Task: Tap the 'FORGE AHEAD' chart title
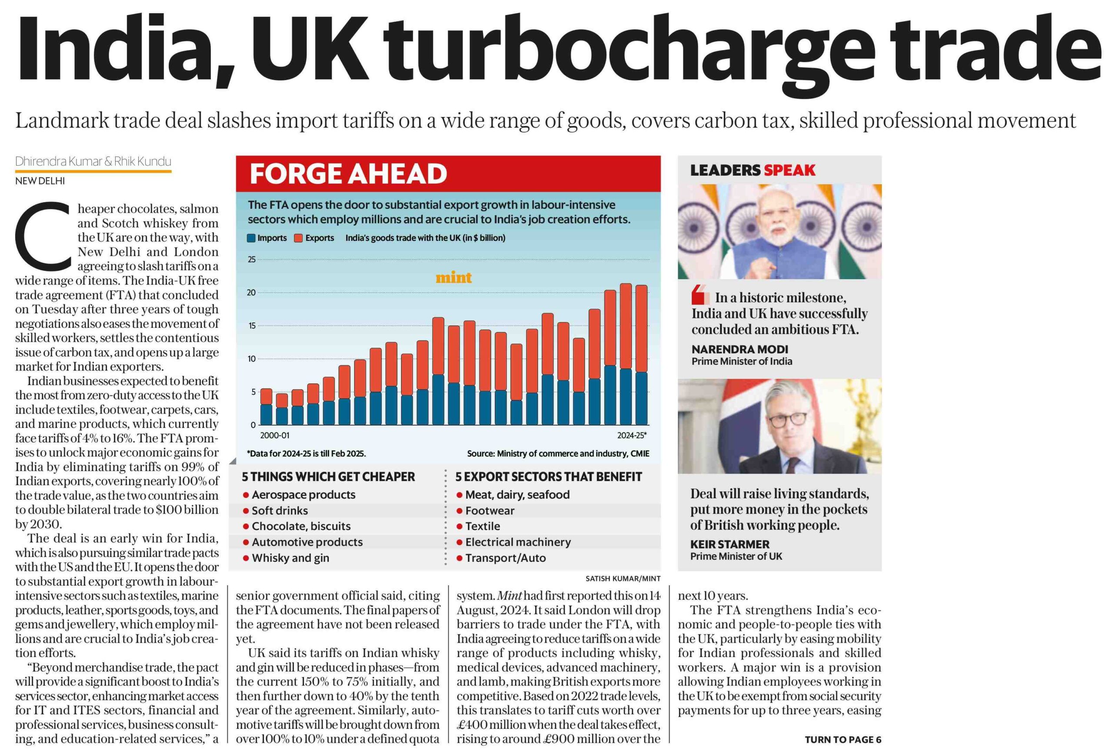point(348,173)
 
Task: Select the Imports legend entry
point(267,238)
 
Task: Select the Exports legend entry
point(314,238)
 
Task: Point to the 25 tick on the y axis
point(251,260)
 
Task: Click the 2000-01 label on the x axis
point(274,435)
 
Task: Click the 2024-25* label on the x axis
point(632,435)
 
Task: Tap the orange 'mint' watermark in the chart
point(453,277)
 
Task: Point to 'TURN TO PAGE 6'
point(843,740)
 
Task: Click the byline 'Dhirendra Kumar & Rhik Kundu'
point(93,161)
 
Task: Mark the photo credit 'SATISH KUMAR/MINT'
point(623,579)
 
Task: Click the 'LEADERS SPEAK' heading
point(753,170)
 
